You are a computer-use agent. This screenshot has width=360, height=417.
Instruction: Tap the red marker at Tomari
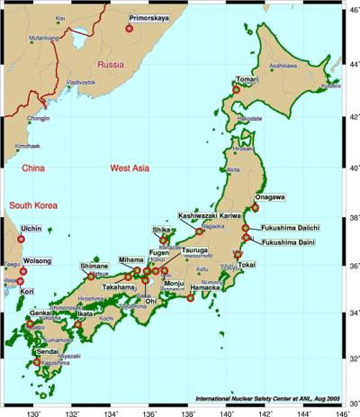(237, 89)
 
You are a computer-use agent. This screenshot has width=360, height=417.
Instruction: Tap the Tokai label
(247, 265)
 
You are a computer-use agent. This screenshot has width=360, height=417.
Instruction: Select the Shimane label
(94, 267)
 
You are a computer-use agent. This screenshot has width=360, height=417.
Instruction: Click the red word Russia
(110, 65)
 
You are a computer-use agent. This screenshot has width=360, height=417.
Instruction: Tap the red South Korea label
(33, 206)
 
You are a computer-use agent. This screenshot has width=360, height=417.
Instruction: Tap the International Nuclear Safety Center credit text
(265, 396)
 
